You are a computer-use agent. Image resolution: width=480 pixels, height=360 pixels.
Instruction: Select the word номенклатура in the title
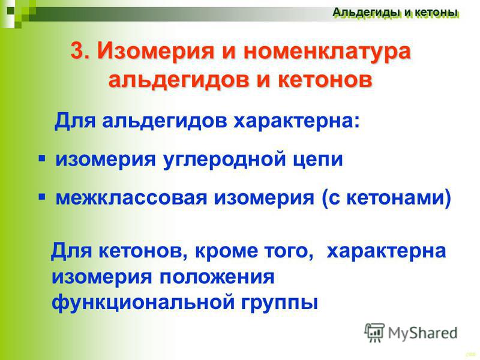[327, 51]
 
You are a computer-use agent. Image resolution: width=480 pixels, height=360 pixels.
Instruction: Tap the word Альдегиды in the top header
[367, 13]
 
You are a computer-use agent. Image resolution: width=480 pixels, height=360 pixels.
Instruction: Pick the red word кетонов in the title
[325, 80]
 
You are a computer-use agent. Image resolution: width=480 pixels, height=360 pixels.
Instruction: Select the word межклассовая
[131, 198]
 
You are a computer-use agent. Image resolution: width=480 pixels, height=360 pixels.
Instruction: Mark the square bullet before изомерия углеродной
[42, 158]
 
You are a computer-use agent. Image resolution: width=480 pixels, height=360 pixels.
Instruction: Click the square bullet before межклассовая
[42, 197]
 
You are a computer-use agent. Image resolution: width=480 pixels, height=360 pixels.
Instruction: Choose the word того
[289, 252]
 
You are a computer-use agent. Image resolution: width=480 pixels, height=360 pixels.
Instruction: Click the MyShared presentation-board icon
[374, 332]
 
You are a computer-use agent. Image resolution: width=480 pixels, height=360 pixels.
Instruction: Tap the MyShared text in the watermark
[422, 333]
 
